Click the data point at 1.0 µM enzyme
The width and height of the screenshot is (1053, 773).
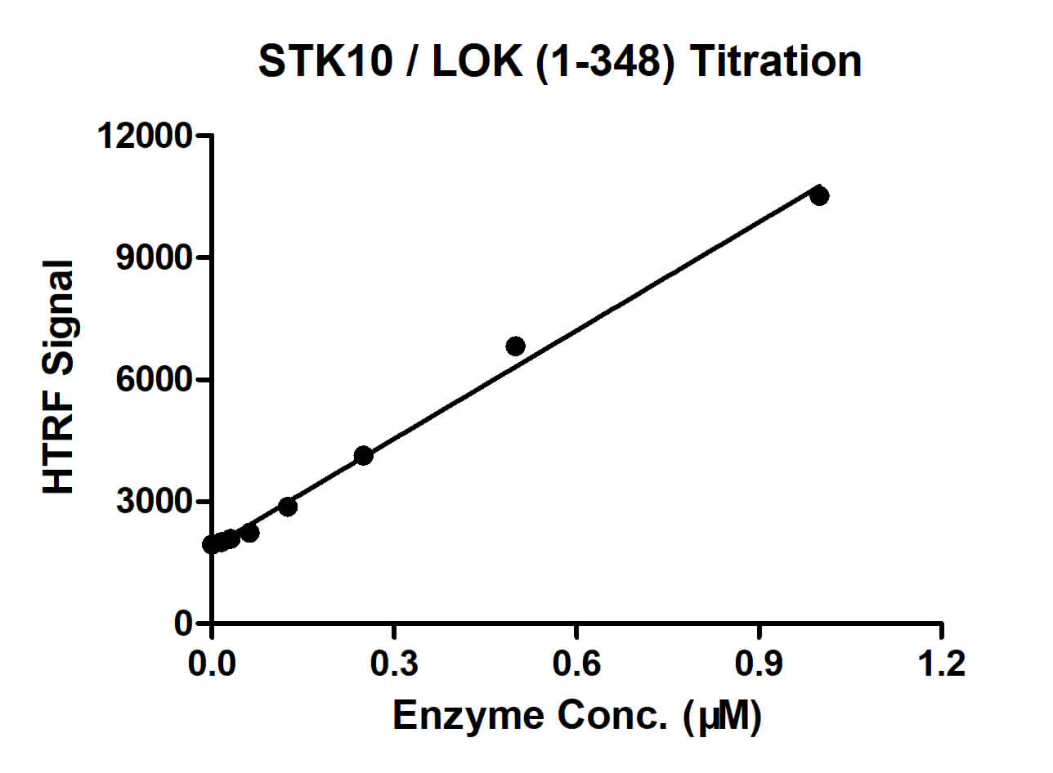[x=819, y=195]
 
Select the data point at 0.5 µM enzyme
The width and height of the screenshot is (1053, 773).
[x=515, y=346]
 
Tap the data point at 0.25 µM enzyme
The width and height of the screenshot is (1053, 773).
[x=364, y=455]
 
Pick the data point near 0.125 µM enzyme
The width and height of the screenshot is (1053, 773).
[x=287, y=506]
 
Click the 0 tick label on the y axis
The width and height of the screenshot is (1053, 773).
[x=186, y=623]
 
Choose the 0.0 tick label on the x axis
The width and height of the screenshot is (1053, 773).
[x=212, y=663]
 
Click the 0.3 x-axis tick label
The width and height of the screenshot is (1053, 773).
[x=394, y=663]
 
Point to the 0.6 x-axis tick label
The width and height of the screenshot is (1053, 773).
[x=576, y=663]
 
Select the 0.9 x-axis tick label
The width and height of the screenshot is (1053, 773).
[x=760, y=663]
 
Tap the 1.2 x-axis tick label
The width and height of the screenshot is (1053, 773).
[x=942, y=663]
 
